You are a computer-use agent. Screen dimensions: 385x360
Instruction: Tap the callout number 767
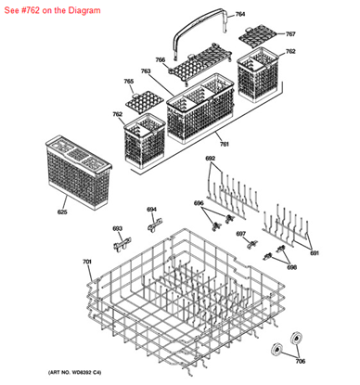(290, 34)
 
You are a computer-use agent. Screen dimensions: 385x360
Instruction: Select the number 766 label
(160, 60)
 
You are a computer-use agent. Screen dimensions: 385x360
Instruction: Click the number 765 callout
(129, 82)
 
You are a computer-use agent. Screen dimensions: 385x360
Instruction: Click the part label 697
(240, 234)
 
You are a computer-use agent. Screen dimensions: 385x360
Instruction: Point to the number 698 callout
(291, 266)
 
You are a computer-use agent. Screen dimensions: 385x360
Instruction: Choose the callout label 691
(314, 252)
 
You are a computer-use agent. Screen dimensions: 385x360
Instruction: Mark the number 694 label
(151, 209)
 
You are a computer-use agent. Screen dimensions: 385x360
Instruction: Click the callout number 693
(117, 228)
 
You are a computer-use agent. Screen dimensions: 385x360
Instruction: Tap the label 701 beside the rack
(86, 263)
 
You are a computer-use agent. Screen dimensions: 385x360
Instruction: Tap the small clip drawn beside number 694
(156, 224)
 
